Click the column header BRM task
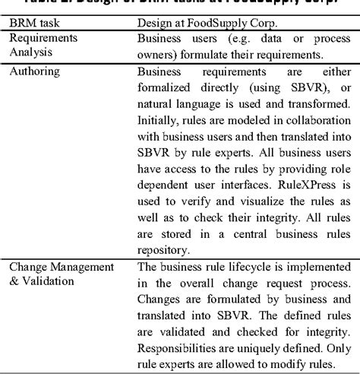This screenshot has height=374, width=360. [39, 23]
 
